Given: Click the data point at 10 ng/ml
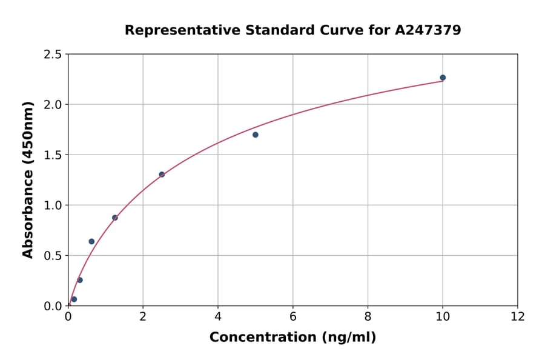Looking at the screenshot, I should pos(443,78).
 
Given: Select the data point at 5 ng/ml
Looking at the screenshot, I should pos(256,135).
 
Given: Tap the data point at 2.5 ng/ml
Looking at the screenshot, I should pos(162,175).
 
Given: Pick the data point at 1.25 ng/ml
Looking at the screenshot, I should pos(115,218).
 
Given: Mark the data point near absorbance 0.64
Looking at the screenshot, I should pos(91,241).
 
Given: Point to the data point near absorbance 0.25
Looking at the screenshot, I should pos(80,280).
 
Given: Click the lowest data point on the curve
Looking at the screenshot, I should pos(74,299).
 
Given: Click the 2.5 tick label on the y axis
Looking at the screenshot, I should pos(53,55).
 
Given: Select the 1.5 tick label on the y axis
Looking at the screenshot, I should pos(53,155).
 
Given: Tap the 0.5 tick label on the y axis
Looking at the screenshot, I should pos(53,256).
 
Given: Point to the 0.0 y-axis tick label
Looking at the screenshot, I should pos(53,306).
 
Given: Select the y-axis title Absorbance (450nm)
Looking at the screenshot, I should pos(28,179).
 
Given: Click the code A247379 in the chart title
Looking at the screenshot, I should pos(428,30).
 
